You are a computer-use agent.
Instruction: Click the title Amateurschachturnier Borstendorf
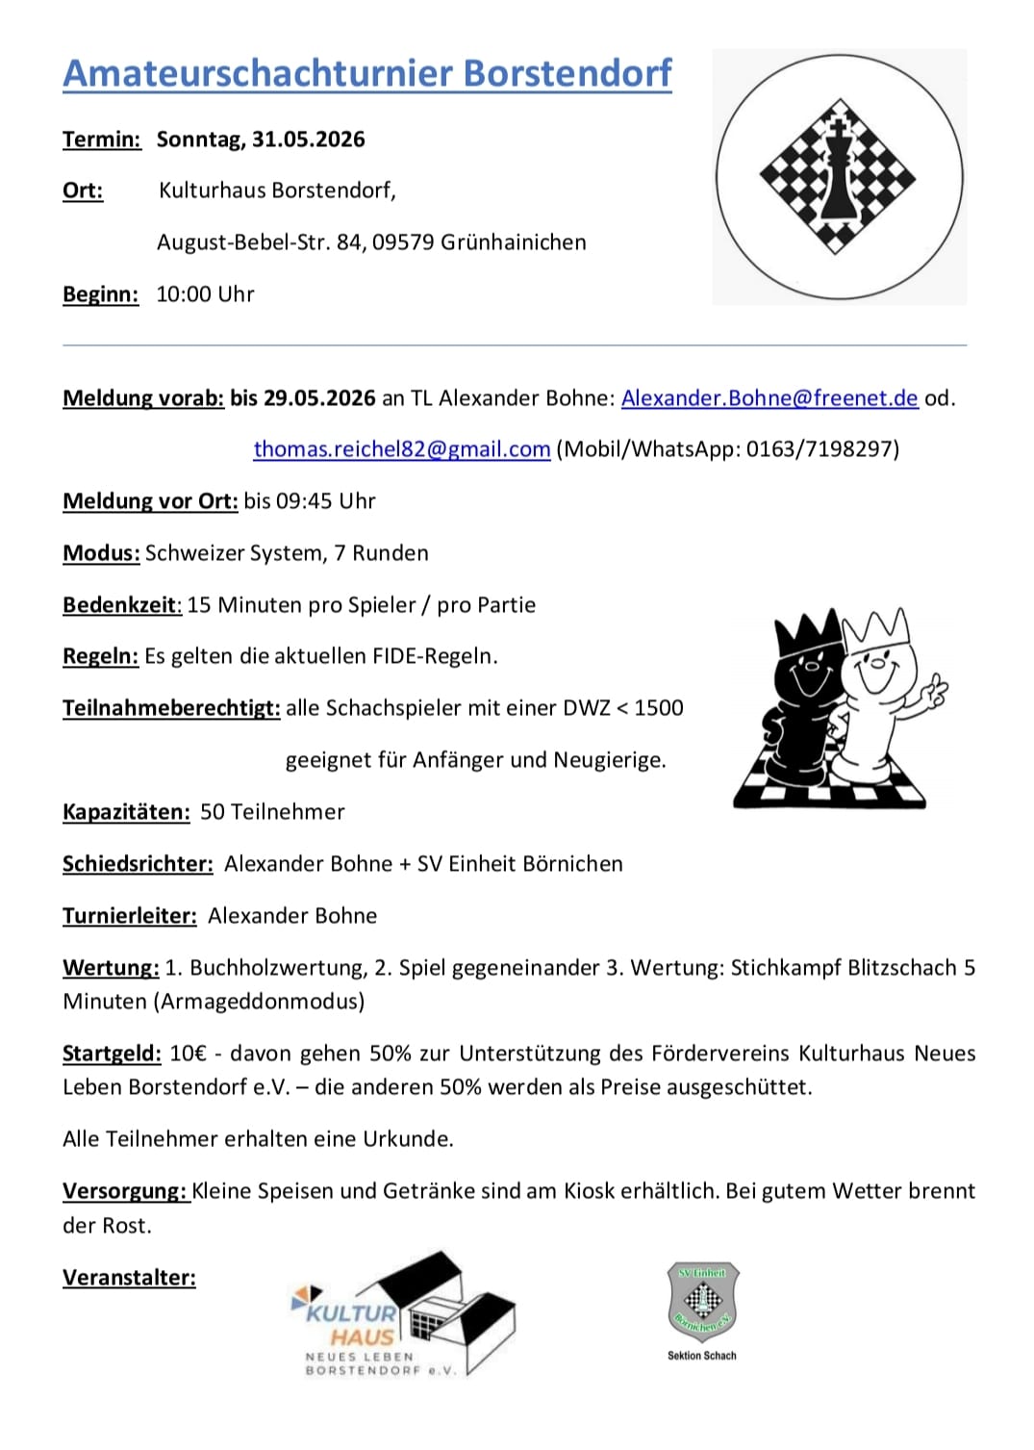pyautogui.click(x=366, y=74)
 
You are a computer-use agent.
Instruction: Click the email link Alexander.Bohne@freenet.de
pyautogui.click(x=769, y=398)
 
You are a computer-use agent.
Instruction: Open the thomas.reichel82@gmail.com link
pyautogui.click(x=401, y=449)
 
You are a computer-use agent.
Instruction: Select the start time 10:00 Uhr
pyautogui.click(x=205, y=294)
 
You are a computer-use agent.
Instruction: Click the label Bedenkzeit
pyautogui.click(x=121, y=605)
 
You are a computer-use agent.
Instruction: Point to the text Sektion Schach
pyautogui.click(x=702, y=1356)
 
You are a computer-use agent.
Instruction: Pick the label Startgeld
pyautogui.click(x=112, y=1054)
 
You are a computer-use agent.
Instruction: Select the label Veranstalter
pyautogui.click(x=129, y=1278)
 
